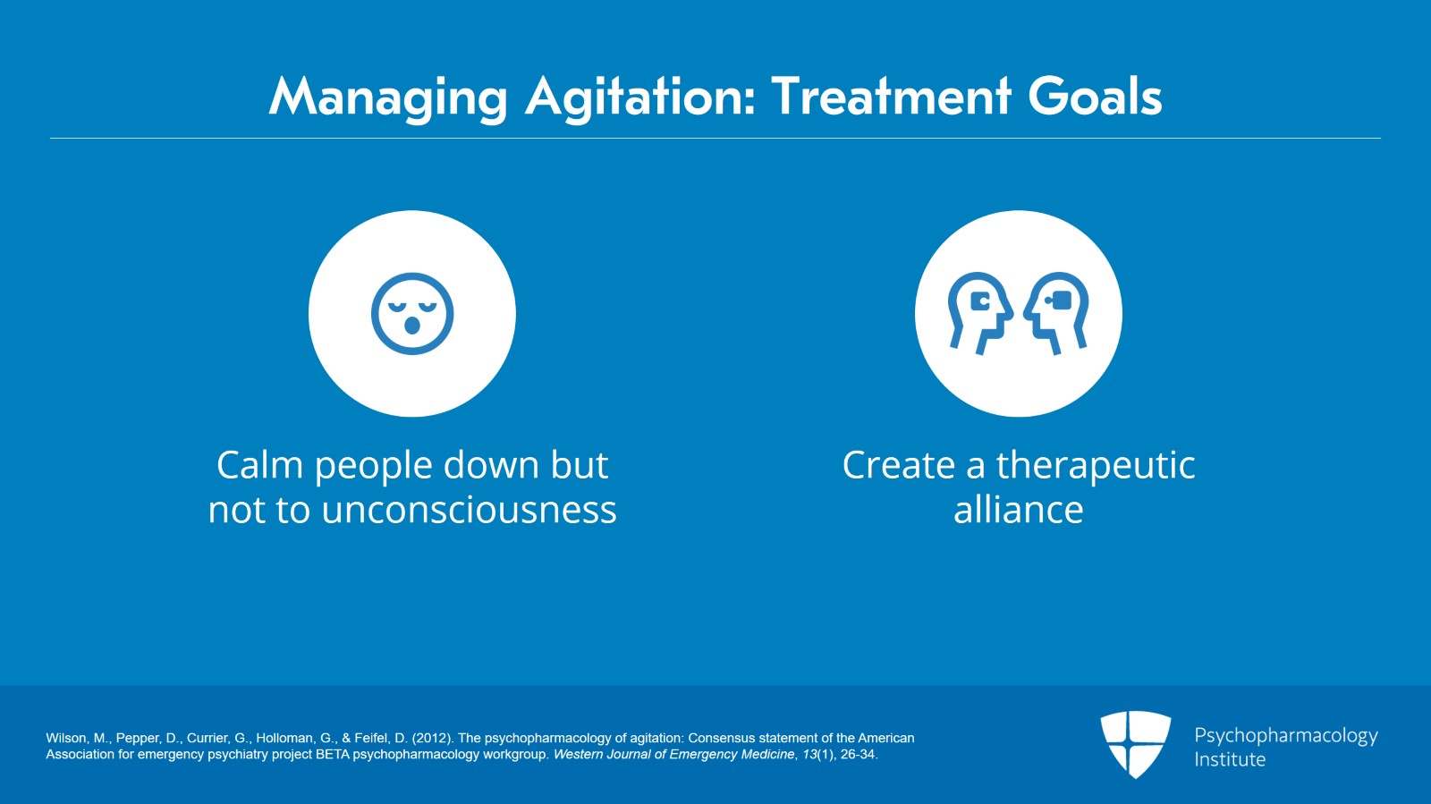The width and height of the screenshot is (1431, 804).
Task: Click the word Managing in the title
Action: [388, 97]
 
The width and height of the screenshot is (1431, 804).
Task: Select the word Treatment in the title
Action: [891, 96]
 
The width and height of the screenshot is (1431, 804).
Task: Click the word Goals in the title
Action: [1095, 96]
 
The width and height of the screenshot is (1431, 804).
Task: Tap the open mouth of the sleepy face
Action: [412, 325]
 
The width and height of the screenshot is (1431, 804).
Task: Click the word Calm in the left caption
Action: [259, 465]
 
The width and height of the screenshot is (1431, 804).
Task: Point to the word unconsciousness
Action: [469, 511]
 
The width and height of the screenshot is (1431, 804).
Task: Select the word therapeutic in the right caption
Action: [1096, 466]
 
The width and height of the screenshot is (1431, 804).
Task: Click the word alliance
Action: [1019, 510]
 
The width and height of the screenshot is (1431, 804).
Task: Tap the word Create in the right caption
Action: [899, 465]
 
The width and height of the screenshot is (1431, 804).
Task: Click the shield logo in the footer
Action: [1135, 744]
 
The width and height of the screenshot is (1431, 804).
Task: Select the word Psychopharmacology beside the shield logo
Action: [1286, 736]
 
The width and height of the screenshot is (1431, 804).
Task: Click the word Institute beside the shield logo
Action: [1230, 759]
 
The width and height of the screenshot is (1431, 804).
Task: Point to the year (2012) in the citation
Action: [433, 738]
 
